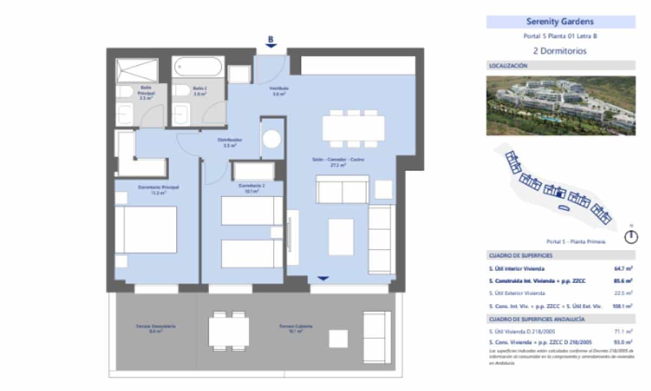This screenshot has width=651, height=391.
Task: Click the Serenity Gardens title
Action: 560,22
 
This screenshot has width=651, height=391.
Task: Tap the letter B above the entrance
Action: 271,39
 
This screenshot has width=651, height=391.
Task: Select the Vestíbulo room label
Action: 279,91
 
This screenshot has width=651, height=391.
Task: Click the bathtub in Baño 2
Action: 198,68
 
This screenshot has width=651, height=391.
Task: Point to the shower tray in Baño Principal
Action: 137,71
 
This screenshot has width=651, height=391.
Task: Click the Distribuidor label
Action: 230,142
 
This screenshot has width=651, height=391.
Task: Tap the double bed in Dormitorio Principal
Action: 145,229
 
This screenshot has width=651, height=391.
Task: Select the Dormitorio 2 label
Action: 251,188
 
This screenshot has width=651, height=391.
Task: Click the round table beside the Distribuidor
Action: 271,138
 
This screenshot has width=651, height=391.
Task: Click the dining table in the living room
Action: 354,128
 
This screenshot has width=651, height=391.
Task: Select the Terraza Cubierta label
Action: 296,329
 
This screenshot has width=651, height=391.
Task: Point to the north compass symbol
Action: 630,237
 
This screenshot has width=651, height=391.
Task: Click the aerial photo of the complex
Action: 560,105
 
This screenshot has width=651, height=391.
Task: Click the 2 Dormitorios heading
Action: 560,51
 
